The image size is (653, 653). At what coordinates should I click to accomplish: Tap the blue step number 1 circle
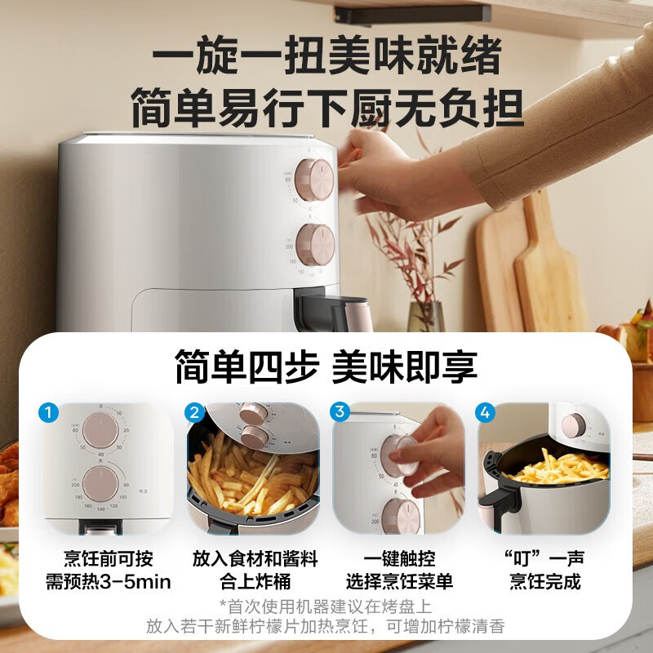pyautogui.click(x=51, y=413)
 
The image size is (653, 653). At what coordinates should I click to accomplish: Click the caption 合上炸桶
pyautogui.click(x=254, y=582)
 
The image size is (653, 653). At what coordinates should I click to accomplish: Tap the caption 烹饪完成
pyautogui.click(x=544, y=582)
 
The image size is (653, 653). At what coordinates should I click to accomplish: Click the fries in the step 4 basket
pyautogui.click(x=555, y=469)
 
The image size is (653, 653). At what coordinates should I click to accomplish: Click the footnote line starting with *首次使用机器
pyautogui.click(x=326, y=606)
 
